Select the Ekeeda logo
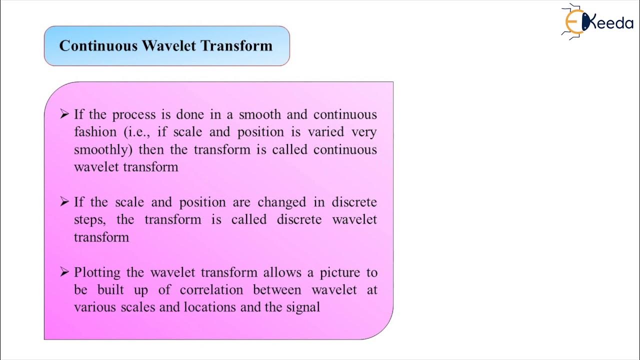click(x=597, y=21)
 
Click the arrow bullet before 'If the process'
click(x=64, y=114)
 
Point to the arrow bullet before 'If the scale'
click(x=64, y=201)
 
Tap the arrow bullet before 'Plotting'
click(x=64, y=271)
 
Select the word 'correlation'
click(x=211, y=290)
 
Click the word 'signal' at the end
click(x=303, y=307)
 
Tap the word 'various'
click(x=95, y=307)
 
